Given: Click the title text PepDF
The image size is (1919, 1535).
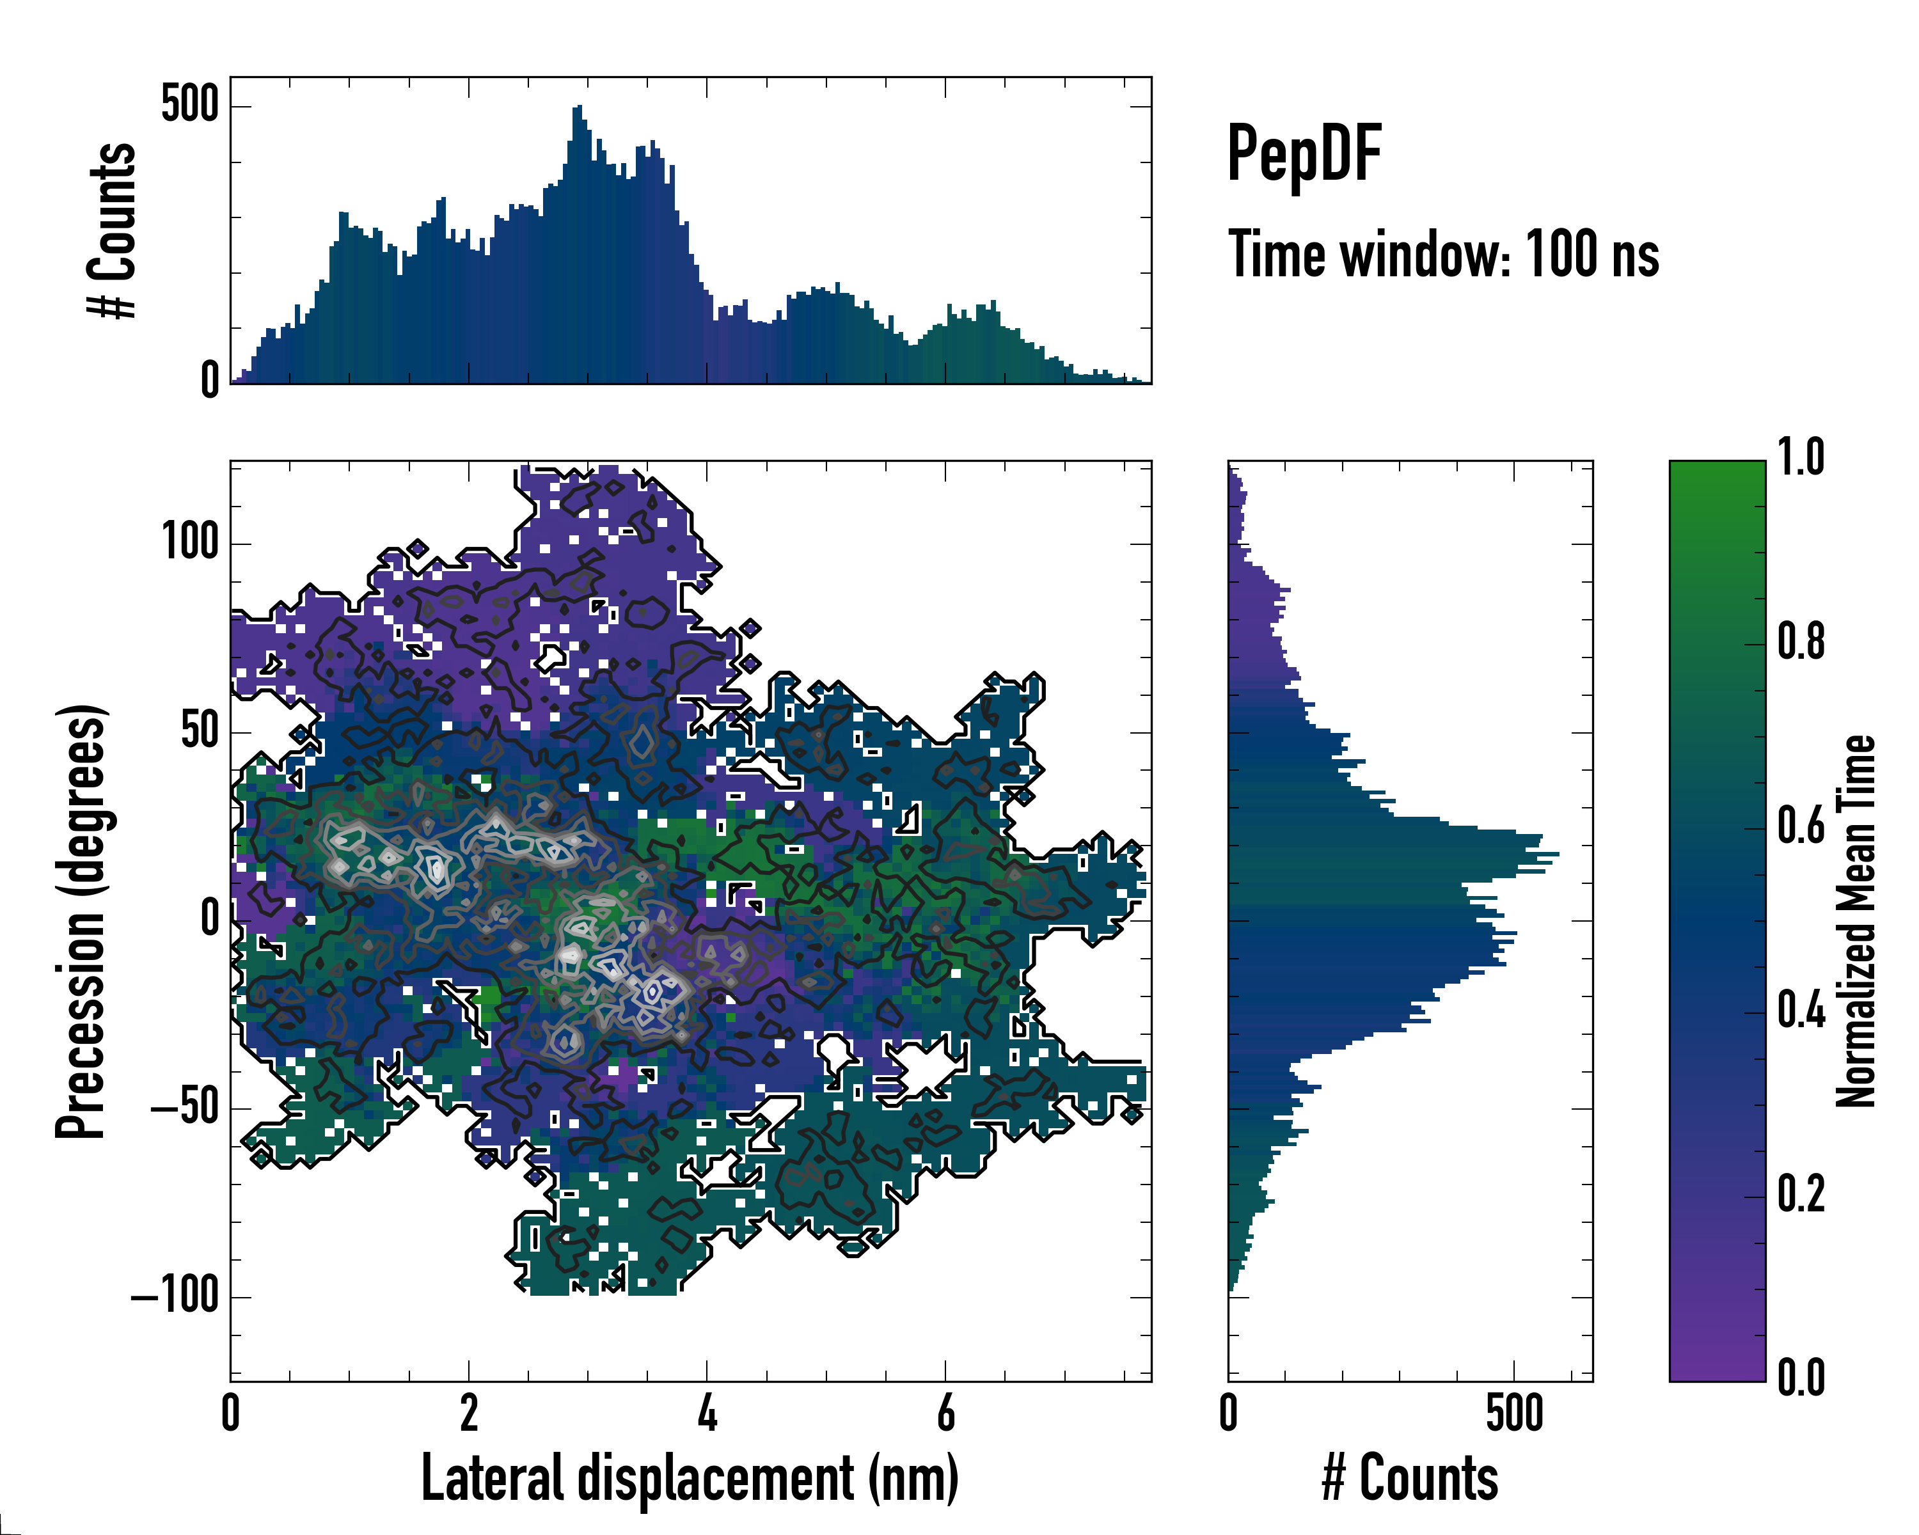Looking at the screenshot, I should pyautogui.click(x=1303, y=154).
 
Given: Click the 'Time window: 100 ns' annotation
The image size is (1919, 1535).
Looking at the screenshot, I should pyautogui.click(x=1443, y=255).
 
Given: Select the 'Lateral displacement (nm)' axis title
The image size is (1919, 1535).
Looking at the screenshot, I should pyautogui.click(x=690, y=1478).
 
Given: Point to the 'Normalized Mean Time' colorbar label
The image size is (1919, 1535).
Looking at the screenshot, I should pyautogui.click(x=1856, y=921).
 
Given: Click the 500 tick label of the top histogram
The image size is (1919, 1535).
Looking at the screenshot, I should pyautogui.click(x=189, y=105).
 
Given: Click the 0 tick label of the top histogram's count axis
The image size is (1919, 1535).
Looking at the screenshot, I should pyautogui.click(x=210, y=381).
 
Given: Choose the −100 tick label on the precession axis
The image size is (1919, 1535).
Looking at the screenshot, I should pyautogui.click(x=175, y=1296).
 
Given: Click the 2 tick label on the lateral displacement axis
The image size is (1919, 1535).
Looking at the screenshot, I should pyautogui.click(x=469, y=1413).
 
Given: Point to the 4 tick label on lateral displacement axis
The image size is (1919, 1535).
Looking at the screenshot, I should pyautogui.click(x=707, y=1413).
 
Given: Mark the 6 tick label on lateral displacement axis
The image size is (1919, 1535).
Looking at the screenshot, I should pyautogui.click(x=945, y=1413).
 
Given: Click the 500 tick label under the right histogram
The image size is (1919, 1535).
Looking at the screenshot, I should pyautogui.click(x=1514, y=1413).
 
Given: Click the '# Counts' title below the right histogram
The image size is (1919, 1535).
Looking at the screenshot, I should pyautogui.click(x=1410, y=1478).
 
